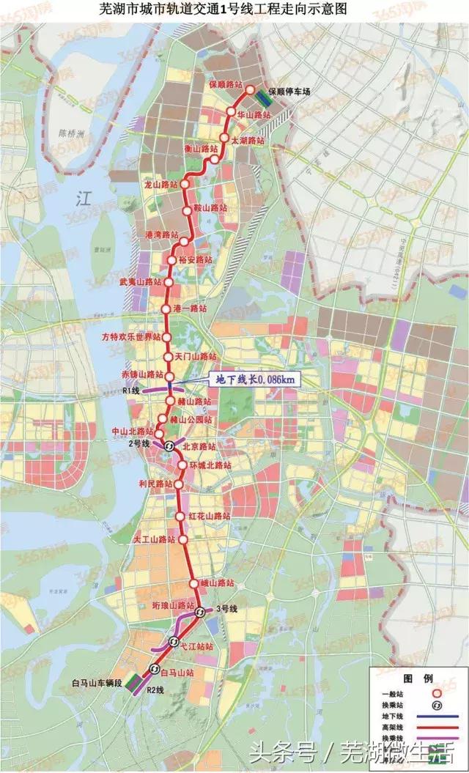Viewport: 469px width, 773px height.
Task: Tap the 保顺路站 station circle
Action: (x=249, y=91)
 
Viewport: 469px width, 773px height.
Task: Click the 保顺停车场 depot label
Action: (x=289, y=92)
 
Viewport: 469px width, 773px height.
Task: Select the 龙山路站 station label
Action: (x=162, y=185)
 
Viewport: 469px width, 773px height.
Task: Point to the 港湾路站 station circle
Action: (x=185, y=235)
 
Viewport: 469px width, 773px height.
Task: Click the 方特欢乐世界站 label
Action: (x=130, y=337)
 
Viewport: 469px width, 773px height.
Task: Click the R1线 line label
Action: (x=131, y=391)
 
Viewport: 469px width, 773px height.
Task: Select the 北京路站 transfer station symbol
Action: (x=169, y=445)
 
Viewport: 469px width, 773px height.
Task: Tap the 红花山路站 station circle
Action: (x=181, y=517)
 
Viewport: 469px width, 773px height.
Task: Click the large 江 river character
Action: (x=82, y=198)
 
